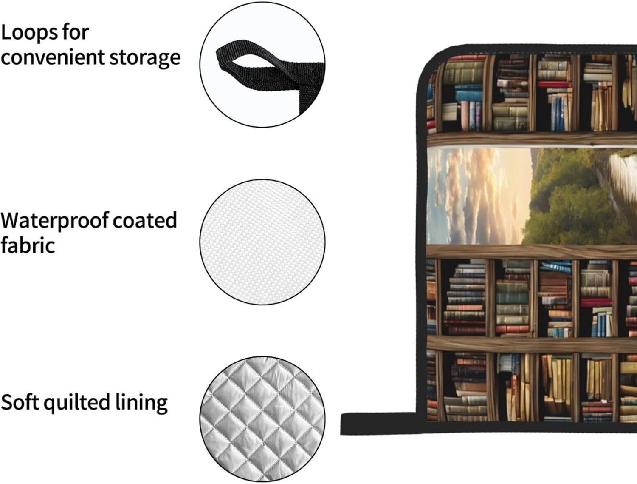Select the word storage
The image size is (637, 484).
coord(144,58)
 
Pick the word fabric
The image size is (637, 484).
coord(28,245)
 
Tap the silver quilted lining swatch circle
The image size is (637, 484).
coord(262,419)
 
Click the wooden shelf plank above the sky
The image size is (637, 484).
coord(531,140)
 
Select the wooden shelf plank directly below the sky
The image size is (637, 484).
coord(531,252)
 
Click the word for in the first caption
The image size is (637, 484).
coord(75,32)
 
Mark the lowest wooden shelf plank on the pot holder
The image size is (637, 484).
coord(531,344)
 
